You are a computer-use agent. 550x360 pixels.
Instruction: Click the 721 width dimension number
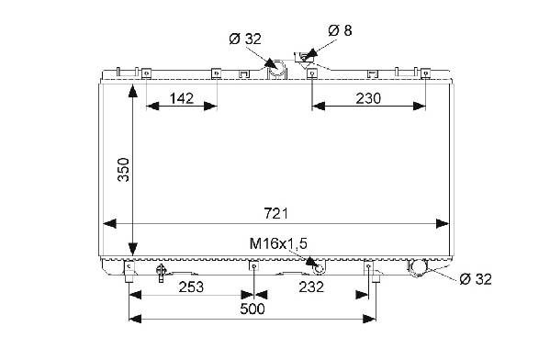tap(275, 213)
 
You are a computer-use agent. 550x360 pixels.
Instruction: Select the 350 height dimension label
tap(123, 170)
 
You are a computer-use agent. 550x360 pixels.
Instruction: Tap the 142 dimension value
tap(182, 98)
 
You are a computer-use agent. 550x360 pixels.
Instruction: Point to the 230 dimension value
tap(368, 98)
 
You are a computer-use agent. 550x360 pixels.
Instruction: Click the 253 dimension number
tap(191, 287)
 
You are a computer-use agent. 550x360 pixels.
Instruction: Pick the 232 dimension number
tap(311, 287)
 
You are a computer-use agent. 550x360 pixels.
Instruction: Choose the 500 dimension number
tap(253, 309)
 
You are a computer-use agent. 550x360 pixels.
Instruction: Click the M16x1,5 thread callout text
tap(278, 243)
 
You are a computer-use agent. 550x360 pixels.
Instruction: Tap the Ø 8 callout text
tap(340, 30)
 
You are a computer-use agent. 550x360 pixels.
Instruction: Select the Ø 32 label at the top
tap(245, 39)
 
